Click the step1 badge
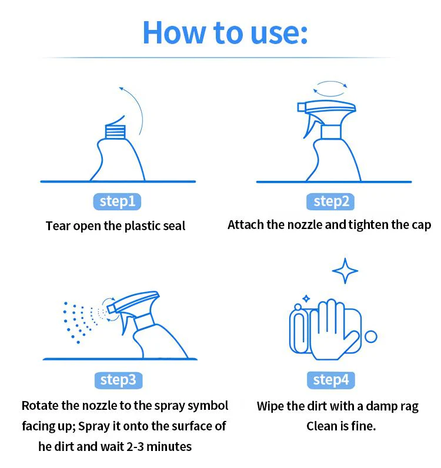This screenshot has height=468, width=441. coord(117,201)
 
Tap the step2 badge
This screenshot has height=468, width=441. coord(330,201)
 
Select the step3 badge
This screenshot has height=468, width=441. coord(118,381)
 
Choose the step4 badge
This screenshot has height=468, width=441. coord(330,381)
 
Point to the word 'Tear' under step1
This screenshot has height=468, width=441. coord(58,226)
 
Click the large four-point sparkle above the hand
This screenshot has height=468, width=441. coord(345,271)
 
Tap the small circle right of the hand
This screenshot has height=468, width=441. coord(371,336)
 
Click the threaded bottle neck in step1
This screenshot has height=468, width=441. coord(115,132)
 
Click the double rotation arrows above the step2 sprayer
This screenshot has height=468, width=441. coord(330,88)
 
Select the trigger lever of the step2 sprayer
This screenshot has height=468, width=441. coord(309,125)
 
